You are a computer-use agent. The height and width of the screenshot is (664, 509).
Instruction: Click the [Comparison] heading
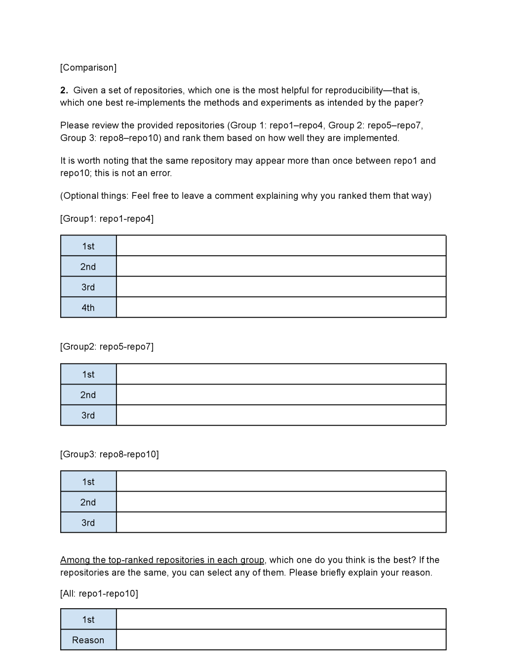[88, 68]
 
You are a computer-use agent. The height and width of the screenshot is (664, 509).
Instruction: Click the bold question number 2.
[64, 90]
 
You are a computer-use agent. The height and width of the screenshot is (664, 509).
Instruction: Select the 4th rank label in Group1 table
[88, 308]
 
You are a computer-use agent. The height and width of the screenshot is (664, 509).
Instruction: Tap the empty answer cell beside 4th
[281, 308]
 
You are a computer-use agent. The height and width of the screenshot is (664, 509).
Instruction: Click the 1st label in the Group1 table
[88, 246]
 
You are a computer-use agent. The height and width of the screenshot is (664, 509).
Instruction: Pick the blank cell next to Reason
[281, 640]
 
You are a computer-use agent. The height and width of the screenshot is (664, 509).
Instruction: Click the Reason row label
[88, 640]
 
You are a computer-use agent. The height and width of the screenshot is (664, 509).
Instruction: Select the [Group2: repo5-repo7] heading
[107, 347]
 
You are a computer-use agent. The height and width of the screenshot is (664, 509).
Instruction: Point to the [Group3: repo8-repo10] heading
[110, 454]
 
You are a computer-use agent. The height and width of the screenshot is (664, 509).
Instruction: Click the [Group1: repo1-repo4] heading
[107, 219]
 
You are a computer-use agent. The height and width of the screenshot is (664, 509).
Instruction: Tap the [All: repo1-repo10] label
[99, 593]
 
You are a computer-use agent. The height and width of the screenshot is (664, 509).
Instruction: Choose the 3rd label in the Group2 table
[88, 415]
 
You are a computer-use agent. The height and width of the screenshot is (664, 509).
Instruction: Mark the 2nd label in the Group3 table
[88, 502]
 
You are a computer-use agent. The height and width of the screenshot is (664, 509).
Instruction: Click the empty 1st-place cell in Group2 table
[281, 374]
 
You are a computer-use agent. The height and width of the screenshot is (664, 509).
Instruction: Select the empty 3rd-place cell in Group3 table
[281, 522]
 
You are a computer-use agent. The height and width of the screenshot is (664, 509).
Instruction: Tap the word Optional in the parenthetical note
[80, 196]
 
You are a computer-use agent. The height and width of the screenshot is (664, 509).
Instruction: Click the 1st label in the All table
[88, 619]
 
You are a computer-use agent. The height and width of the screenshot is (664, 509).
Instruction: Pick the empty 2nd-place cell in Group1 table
[281, 267]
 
